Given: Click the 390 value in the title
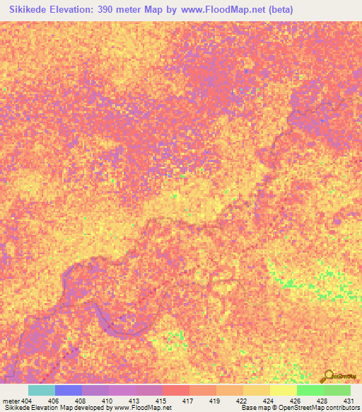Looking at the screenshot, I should (117, 10).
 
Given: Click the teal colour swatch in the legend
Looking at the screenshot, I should (41, 390).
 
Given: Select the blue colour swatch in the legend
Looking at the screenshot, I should (68, 390).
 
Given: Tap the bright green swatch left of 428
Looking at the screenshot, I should (310, 390).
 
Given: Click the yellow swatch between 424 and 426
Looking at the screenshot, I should (283, 390).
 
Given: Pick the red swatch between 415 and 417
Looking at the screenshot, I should (175, 390).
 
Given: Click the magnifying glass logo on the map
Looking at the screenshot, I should (328, 375).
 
